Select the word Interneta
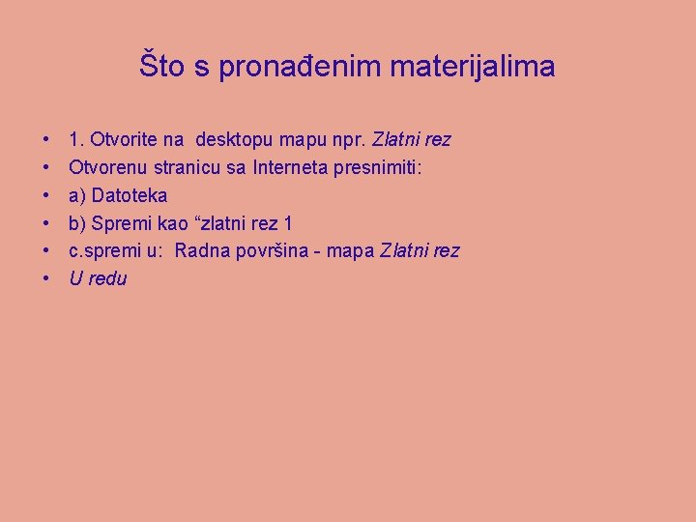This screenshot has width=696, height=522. click(x=290, y=168)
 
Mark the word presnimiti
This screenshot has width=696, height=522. click(x=384, y=168)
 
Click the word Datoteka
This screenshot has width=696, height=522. click(x=130, y=196)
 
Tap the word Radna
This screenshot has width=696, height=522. click(x=199, y=251)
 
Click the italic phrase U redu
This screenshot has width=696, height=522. click(x=98, y=279)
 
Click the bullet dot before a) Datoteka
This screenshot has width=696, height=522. click(x=46, y=196)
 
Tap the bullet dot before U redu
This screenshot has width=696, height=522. click(x=46, y=279)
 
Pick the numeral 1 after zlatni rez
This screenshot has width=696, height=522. click(x=288, y=224)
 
